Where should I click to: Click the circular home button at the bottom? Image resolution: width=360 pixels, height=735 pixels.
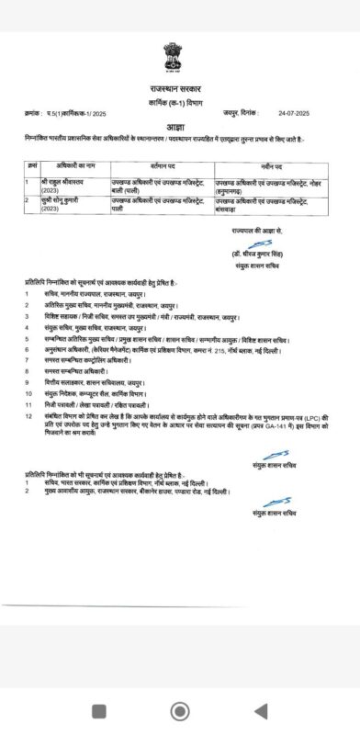(180, 709)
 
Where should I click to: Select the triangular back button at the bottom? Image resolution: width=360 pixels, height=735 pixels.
(260, 709)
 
